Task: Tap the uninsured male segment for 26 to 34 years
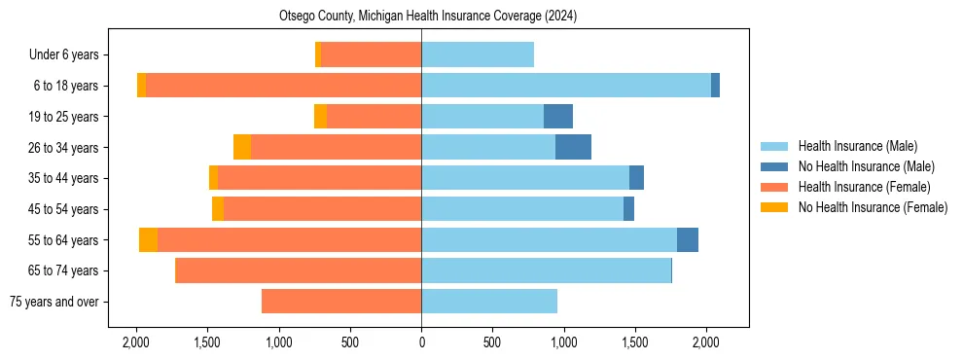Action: (x=573, y=147)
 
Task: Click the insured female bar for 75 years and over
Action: (x=341, y=302)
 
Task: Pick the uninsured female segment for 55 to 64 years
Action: (x=148, y=240)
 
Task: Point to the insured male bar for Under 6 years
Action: (x=478, y=54)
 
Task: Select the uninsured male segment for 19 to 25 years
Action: (x=558, y=117)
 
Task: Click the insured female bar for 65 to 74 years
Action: (x=298, y=270)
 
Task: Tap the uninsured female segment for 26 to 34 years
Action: (x=242, y=147)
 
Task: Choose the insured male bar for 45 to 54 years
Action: (x=522, y=209)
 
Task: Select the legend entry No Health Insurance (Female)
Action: (x=873, y=207)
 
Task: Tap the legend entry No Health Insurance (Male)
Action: (x=866, y=166)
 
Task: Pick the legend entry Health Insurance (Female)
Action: (x=864, y=187)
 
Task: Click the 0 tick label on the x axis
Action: (x=421, y=342)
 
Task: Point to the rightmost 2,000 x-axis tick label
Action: (x=706, y=342)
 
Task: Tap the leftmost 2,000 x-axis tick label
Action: (x=136, y=342)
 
